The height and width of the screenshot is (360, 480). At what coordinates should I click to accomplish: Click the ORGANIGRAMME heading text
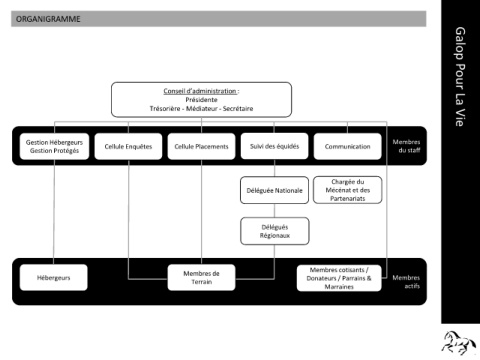[48, 19]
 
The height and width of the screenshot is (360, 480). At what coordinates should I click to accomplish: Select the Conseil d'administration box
[201, 100]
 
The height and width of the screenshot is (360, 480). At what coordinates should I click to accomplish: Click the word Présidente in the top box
[201, 100]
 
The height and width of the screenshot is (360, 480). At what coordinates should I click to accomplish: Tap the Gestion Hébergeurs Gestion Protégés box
[54, 146]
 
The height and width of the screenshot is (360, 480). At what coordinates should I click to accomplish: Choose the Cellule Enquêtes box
[128, 146]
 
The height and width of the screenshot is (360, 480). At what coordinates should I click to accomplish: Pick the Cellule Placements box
[201, 146]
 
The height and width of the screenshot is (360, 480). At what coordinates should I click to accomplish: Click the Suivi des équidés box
[274, 146]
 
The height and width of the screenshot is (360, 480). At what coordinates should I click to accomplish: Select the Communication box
[348, 146]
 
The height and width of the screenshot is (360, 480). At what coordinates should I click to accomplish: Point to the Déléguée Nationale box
[274, 190]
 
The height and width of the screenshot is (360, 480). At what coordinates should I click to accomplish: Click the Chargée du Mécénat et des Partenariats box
[348, 190]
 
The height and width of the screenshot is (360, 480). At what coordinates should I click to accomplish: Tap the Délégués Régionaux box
[275, 231]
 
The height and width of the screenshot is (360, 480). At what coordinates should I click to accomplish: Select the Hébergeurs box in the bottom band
[54, 278]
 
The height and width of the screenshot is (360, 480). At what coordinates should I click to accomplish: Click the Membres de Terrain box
[201, 278]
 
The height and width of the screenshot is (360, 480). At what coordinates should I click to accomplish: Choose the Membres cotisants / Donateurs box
[339, 278]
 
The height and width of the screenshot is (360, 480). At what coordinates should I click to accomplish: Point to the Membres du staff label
[406, 146]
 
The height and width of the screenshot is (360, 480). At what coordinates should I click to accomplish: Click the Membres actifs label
[406, 282]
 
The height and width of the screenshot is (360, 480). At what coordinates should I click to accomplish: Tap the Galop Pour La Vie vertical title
[460, 77]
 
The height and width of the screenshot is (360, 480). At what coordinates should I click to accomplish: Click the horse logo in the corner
[459, 342]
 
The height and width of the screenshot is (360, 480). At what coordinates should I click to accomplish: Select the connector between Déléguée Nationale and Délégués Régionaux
[274, 211]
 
